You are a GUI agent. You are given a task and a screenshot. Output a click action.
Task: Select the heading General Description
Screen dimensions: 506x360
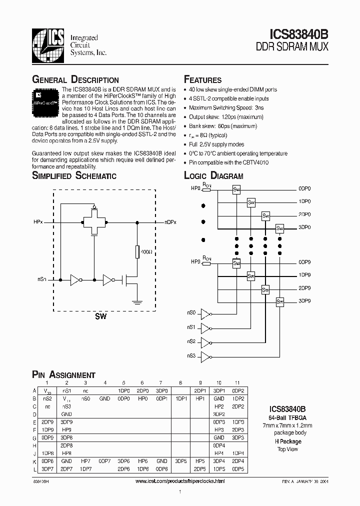[75, 80]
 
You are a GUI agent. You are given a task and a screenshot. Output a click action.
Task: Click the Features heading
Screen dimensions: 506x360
[202, 80]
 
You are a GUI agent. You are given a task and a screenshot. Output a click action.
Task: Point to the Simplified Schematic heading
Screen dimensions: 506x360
[74, 175]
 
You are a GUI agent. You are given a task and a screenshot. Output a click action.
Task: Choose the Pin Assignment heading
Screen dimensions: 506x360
[63, 375]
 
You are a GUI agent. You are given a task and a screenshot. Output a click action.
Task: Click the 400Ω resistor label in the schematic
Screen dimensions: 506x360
[146, 252]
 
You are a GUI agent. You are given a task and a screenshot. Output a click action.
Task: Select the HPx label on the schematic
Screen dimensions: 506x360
[38, 221]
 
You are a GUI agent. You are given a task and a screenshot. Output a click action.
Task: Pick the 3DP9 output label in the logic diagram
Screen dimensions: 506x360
[304, 301]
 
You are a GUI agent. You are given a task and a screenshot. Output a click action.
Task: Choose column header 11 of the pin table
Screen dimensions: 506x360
[238, 383]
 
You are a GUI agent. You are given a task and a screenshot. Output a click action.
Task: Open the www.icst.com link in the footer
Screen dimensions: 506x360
[180, 481]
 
